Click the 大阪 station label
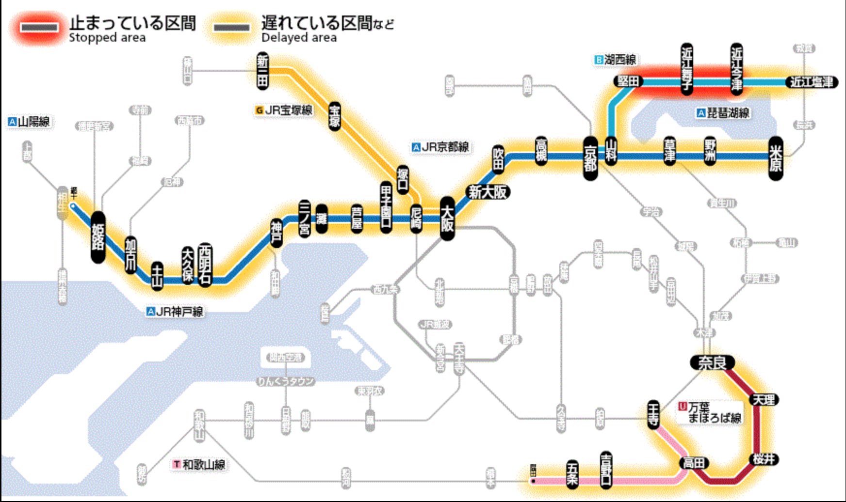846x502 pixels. [x=447, y=219]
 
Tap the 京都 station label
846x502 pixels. [x=590, y=159]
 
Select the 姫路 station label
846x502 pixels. [x=98, y=237]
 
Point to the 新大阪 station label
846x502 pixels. [x=488, y=192]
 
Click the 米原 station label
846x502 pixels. [x=776, y=158]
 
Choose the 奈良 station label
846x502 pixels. [x=712, y=362]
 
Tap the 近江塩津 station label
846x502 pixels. [x=812, y=82]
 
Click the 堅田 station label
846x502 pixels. [x=628, y=81]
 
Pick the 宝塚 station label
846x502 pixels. [x=335, y=116]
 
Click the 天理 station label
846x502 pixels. [x=764, y=400]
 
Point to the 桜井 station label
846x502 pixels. [x=764, y=459]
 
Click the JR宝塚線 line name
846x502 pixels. [x=288, y=110]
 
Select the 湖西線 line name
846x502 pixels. [x=619, y=60]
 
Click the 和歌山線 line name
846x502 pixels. [x=204, y=464]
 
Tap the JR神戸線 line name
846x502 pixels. [x=179, y=311]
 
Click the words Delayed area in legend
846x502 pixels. [x=299, y=38]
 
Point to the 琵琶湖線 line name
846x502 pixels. [x=728, y=113]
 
